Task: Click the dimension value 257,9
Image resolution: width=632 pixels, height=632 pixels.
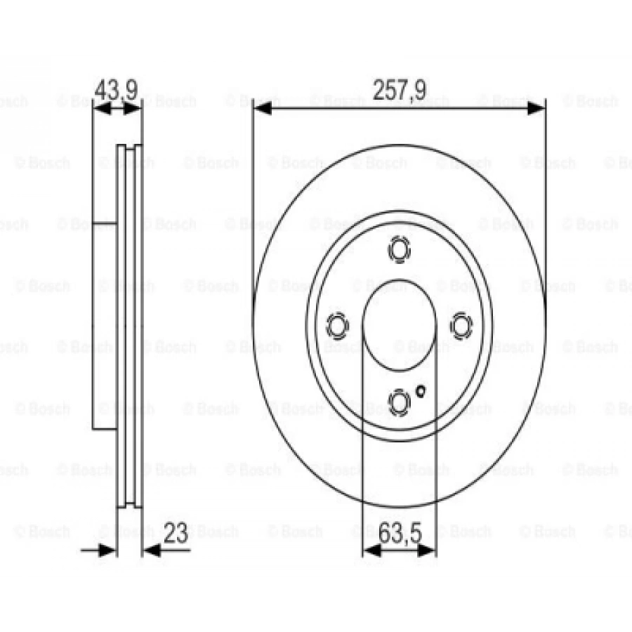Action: pyautogui.click(x=398, y=91)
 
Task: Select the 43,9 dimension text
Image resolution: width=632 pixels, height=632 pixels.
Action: pyautogui.click(x=115, y=90)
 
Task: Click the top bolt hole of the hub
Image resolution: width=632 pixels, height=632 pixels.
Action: pyautogui.click(x=399, y=250)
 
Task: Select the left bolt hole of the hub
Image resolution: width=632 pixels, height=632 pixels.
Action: pyautogui.click(x=338, y=325)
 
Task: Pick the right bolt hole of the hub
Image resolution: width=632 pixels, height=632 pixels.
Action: pyautogui.click(x=461, y=325)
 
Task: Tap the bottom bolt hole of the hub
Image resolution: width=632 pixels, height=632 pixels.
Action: pyautogui.click(x=399, y=401)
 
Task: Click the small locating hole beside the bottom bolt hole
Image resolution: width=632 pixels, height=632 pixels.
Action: pyautogui.click(x=421, y=390)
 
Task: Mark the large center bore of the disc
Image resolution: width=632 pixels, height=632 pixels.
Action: pyautogui.click(x=399, y=325)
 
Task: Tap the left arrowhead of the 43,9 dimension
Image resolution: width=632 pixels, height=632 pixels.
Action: pyautogui.click(x=100, y=109)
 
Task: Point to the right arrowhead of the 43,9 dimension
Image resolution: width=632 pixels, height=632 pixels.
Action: pyautogui.click(x=135, y=109)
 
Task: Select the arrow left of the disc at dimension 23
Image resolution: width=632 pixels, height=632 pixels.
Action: pyautogui.click(x=109, y=550)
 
